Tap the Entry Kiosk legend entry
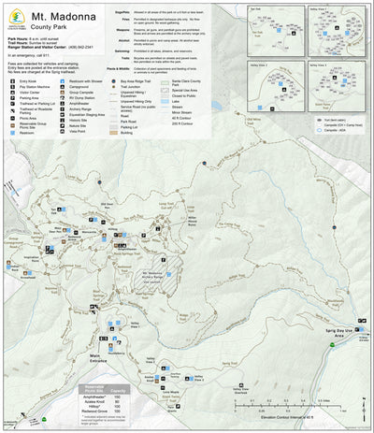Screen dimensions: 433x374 [x=27, y=81]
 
